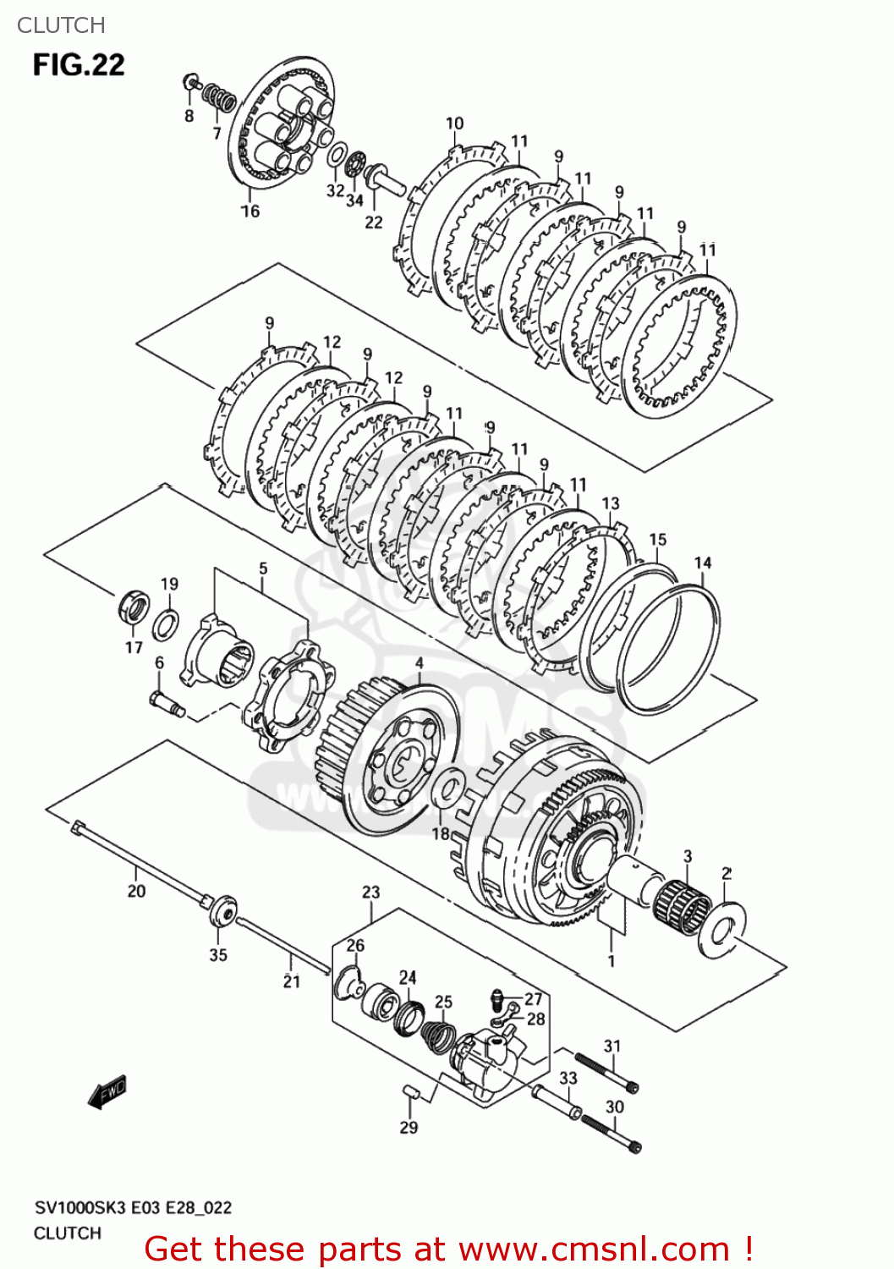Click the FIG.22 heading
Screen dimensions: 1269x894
(x=79, y=65)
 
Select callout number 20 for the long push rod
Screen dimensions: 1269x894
(x=136, y=891)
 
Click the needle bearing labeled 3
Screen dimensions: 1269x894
(x=683, y=906)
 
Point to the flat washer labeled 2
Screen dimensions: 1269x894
(x=721, y=931)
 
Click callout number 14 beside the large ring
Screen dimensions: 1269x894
(x=703, y=563)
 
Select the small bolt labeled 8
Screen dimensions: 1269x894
(x=191, y=83)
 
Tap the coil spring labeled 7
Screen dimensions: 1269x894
(x=221, y=97)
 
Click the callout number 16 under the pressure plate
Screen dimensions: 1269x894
(x=250, y=211)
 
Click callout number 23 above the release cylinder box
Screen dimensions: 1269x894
(x=371, y=893)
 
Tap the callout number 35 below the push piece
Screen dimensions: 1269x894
(x=218, y=954)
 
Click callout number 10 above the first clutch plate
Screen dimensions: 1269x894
(x=455, y=124)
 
